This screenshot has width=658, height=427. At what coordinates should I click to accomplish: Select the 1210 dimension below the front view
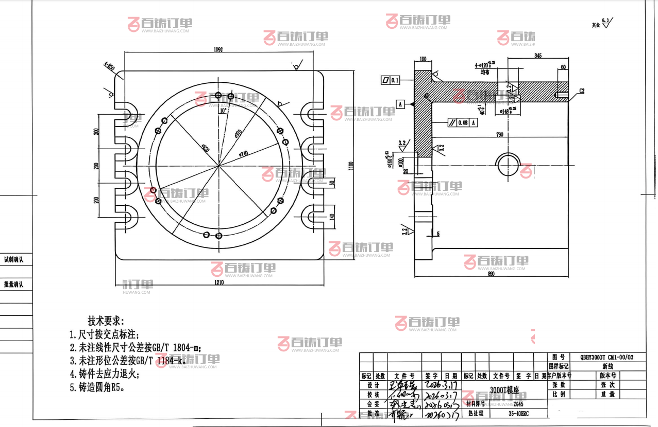point(220,282)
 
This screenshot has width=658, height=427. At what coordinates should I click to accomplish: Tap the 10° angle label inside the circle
point(223,111)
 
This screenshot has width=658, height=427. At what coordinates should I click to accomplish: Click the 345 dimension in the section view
point(538,55)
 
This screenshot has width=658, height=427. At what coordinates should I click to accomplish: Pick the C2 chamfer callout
point(582,91)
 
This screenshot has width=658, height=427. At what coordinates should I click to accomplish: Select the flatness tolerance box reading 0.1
point(391,80)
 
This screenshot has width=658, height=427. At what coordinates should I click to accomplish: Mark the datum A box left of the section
point(400,104)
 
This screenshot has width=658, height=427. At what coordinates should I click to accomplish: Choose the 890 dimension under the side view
point(491,274)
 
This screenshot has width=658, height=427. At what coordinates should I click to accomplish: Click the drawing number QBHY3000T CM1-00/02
point(606,357)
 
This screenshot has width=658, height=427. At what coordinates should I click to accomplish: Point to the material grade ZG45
point(511,404)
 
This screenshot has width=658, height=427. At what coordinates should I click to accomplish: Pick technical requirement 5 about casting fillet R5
point(97,387)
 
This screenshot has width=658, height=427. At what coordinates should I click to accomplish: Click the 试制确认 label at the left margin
point(14,260)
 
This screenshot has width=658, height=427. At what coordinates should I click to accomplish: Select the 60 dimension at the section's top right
point(563,67)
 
